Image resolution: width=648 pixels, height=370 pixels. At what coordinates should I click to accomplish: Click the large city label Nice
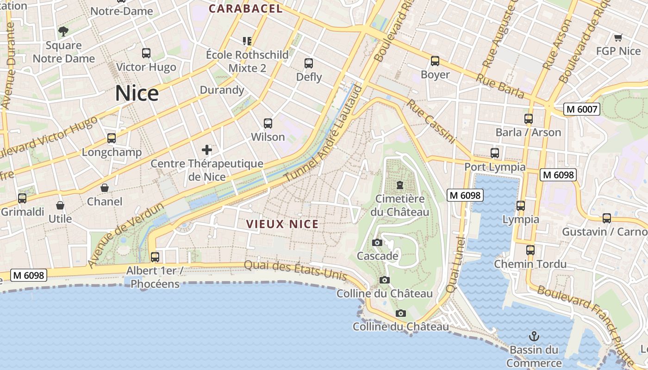pyautogui.click(x=137, y=93)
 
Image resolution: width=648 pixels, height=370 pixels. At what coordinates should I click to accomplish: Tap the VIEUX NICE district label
pyautogui.click(x=282, y=224)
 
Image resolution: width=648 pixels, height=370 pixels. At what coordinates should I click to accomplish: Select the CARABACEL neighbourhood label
pyautogui.click(x=245, y=8)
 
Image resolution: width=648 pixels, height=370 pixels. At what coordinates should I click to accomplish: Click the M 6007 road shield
pyautogui.click(x=581, y=110)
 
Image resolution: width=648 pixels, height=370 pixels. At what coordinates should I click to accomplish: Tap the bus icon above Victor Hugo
pyautogui.click(x=146, y=53)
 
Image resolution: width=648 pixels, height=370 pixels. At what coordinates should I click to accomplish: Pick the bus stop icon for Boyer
pyautogui.click(x=435, y=61)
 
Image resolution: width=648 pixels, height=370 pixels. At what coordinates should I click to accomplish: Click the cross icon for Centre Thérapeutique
pyautogui.click(x=207, y=149)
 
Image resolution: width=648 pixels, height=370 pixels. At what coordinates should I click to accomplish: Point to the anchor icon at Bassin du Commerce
pyautogui.click(x=534, y=336)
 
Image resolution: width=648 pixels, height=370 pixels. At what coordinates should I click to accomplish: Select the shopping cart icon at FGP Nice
pyautogui.click(x=618, y=38)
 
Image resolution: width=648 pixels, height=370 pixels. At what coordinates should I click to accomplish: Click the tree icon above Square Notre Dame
pyautogui.click(x=63, y=31)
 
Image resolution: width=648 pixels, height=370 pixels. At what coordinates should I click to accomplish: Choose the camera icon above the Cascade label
pyautogui.click(x=377, y=243)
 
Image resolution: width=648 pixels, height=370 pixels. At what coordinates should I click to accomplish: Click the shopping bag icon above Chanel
pyautogui.click(x=105, y=188)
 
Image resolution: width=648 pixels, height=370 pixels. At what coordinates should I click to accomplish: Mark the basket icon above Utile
pyautogui.click(x=60, y=205)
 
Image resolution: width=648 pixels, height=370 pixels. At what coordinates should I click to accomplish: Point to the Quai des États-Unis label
pyautogui.click(x=295, y=270)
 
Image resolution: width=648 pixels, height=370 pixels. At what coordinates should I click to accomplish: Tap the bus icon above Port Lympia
pyautogui.click(x=495, y=153)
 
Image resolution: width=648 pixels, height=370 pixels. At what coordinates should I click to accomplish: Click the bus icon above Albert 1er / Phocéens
pyautogui.click(x=155, y=257)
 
